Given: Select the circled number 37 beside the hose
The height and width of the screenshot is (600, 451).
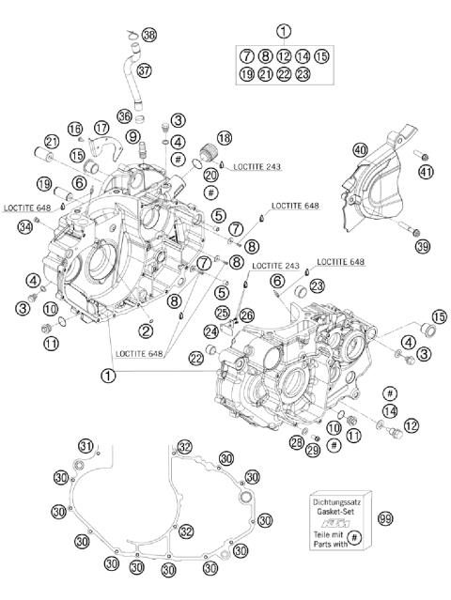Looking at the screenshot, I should pos(144,70).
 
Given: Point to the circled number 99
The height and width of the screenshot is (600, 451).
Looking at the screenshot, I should pos(384,518).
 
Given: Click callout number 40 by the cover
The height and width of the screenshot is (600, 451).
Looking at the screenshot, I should pos(360,149).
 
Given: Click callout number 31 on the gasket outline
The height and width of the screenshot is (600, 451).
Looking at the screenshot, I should pos(86,445).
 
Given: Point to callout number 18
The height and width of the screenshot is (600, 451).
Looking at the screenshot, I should pos(225,139).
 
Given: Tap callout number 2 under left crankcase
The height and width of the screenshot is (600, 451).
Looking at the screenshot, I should pos(146,330).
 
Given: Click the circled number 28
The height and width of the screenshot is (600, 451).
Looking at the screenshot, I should pos(297,442).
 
